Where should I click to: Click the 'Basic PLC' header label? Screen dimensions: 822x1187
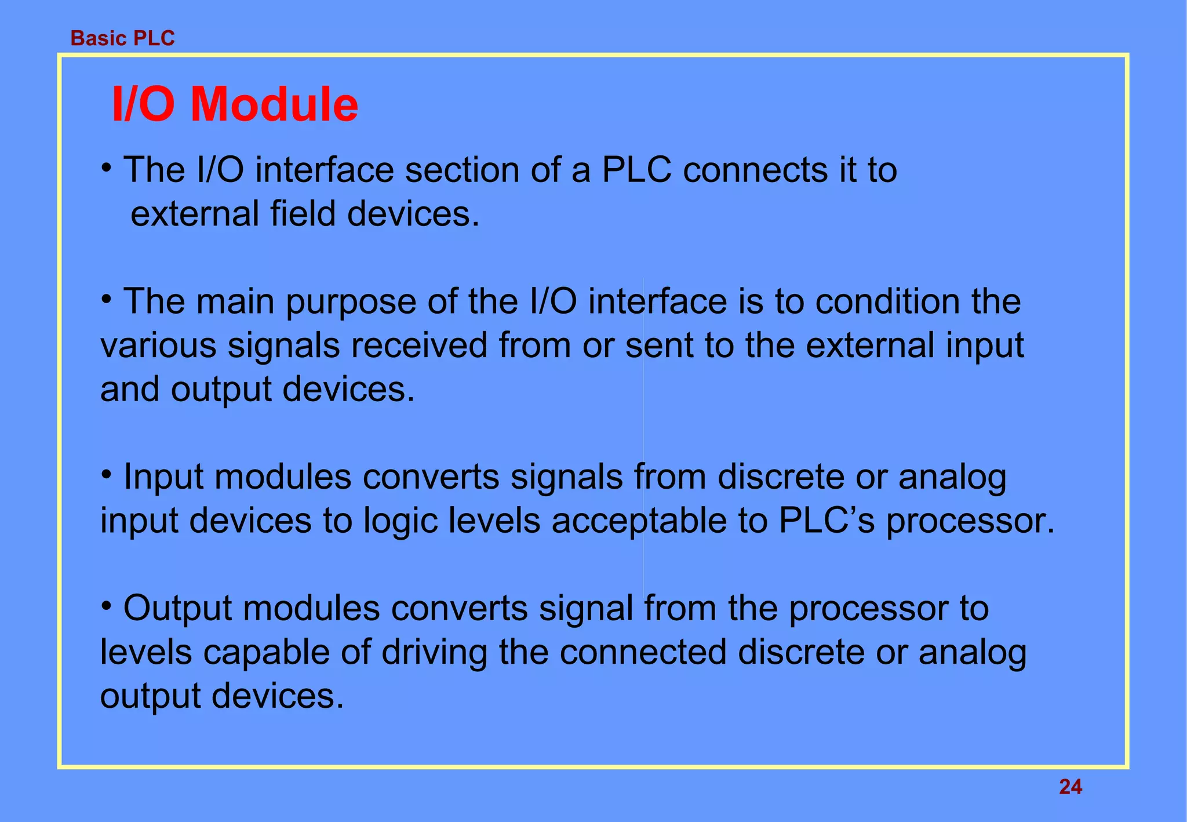coord(122,38)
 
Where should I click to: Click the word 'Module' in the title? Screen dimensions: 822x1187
coord(274,104)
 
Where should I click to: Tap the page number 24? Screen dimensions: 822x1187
coord(1070,787)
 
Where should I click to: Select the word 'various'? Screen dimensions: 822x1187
coord(158,345)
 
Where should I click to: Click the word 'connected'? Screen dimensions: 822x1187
coord(643,652)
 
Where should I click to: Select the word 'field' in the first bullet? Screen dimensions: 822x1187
coord(303,214)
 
